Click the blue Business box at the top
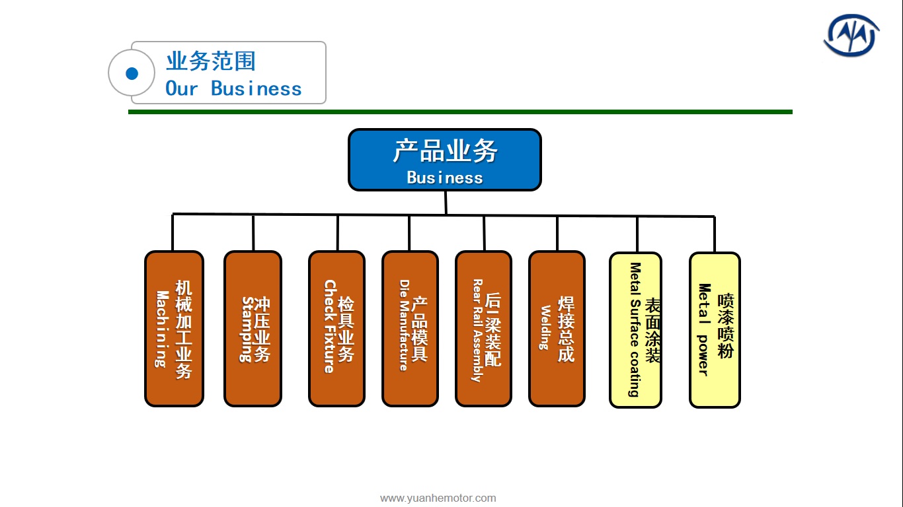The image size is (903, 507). [445, 160]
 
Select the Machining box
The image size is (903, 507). [174, 329]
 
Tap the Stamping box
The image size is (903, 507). [253, 329]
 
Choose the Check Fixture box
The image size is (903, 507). [337, 329]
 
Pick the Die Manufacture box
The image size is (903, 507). [410, 329]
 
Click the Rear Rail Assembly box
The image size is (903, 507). [484, 329]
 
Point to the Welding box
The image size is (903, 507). [557, 329]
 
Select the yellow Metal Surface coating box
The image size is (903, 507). [636, 330]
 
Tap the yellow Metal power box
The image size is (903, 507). [715, 330]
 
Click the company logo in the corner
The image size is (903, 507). [851, 36]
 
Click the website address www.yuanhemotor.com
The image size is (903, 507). [438, 498]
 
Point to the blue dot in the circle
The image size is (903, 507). [132, 73]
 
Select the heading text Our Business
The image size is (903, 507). [233, 88]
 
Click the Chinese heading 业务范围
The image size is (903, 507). [211, 61]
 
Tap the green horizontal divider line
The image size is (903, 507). [460, 112]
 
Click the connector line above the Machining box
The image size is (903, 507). [173, 232]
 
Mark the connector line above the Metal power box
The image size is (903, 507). [715, 234]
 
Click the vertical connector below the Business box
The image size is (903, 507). [446, 203]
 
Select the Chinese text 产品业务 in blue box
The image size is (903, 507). [445, 151]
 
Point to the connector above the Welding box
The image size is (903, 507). [557, 234]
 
